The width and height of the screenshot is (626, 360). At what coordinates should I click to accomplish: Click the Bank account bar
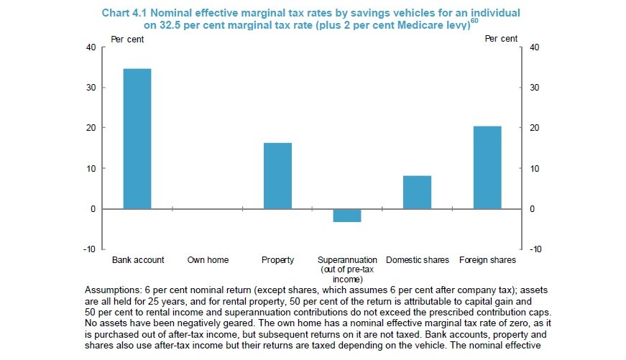(137, 139)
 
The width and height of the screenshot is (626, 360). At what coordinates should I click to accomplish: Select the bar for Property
(277, 176)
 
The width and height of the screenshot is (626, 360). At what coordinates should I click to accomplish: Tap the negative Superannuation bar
(348, 216)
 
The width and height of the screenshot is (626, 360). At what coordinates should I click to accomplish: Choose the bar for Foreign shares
(487, 167)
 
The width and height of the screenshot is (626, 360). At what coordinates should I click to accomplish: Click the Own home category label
(208, 259)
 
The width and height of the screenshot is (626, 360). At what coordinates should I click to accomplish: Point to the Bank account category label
(138, 259)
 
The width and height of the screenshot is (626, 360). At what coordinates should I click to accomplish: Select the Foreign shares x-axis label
(487, 259)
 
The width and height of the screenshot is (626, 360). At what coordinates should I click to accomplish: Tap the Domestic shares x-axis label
(418, 259)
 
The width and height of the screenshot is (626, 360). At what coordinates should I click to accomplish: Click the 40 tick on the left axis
(91, 47)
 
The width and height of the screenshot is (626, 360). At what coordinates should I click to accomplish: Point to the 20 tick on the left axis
(91, 128)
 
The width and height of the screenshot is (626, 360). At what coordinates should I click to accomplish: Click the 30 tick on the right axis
(533, 88)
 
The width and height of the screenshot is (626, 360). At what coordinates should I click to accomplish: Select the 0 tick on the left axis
(93, 209)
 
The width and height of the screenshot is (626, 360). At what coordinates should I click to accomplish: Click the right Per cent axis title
(500, 39)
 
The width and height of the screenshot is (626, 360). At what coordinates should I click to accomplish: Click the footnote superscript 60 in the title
(474, 20)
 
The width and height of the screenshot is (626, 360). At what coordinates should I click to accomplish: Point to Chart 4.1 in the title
(128, 14)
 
